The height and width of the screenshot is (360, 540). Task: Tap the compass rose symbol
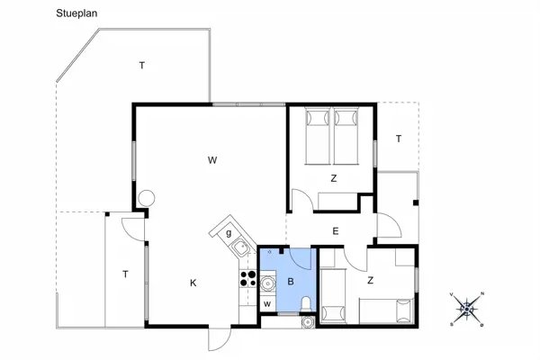[x=467, y=309]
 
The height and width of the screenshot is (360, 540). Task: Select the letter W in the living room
[x=212, y=161]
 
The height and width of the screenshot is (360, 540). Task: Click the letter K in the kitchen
[x=193, y=283]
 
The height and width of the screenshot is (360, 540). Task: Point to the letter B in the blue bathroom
[x=291, y=282]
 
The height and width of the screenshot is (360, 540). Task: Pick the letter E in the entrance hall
[x=336, y=231]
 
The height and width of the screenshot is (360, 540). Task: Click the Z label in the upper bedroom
[x=333, y=178]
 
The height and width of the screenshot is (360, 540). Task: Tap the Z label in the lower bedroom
[x=370, y=281]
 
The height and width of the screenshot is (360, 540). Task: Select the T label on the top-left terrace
[x=142, y=65]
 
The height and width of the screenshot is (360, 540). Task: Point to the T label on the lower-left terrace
[x=125, y=274]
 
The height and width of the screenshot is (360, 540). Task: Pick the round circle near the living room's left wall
[x=147, y=197]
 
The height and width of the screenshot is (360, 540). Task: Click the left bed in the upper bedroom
[x=317, y=136]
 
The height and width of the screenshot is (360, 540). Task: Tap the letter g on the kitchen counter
[x=229, y=233]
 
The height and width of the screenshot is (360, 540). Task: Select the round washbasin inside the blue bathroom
[x=267, y=283]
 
